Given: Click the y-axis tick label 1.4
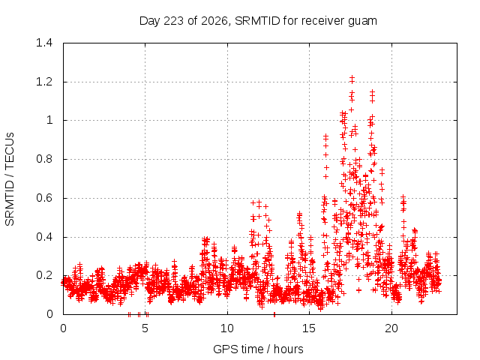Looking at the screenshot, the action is coord(44,43).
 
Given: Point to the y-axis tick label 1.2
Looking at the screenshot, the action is coord(44,82).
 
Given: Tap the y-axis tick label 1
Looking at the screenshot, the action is coord(49,120).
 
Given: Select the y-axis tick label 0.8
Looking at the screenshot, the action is coord(44,159).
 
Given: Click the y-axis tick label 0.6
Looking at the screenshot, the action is coord(44,198).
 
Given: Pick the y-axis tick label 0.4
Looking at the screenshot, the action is coord(44,237).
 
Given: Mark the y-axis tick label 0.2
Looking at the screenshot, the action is coord(44,275).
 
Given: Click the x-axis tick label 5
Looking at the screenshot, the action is coord(145,328).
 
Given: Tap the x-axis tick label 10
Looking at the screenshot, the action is coord(227,328).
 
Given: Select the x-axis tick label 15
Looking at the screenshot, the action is coord(309,328).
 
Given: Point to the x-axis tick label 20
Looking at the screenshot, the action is coord(391,328).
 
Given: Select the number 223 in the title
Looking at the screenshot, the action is coord(173,21).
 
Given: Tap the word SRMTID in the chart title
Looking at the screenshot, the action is coord(257,21).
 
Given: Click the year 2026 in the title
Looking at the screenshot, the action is coord(215,21).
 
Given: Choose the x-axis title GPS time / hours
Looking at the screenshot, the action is coord(258,349).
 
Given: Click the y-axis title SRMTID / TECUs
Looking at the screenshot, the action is coord(10,179).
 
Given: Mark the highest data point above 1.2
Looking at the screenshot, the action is coord(352,77).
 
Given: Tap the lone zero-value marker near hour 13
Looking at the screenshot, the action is coord(274,314).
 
